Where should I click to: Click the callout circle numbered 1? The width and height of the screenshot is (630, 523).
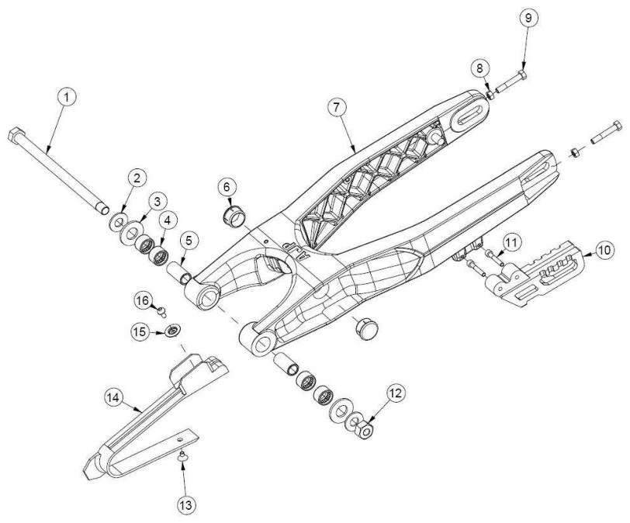click(67, 97)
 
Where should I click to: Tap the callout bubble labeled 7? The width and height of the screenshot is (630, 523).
click(337, 107)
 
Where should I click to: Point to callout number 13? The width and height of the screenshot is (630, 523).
click(187, 504)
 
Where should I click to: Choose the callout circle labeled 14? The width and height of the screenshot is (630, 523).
click(114, 397)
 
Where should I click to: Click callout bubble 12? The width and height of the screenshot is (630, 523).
click(396, 393)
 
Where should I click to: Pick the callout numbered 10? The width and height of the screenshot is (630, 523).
click(604, 250)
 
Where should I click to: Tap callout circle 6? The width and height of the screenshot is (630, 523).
click(227, 187)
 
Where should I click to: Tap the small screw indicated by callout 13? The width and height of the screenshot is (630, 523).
click(182, 455)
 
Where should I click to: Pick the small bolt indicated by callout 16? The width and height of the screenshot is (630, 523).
click(161, 310)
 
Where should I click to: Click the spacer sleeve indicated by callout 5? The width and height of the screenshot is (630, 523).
click(180, 272)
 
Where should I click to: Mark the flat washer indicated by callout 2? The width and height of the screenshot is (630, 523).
click(118, 221)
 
